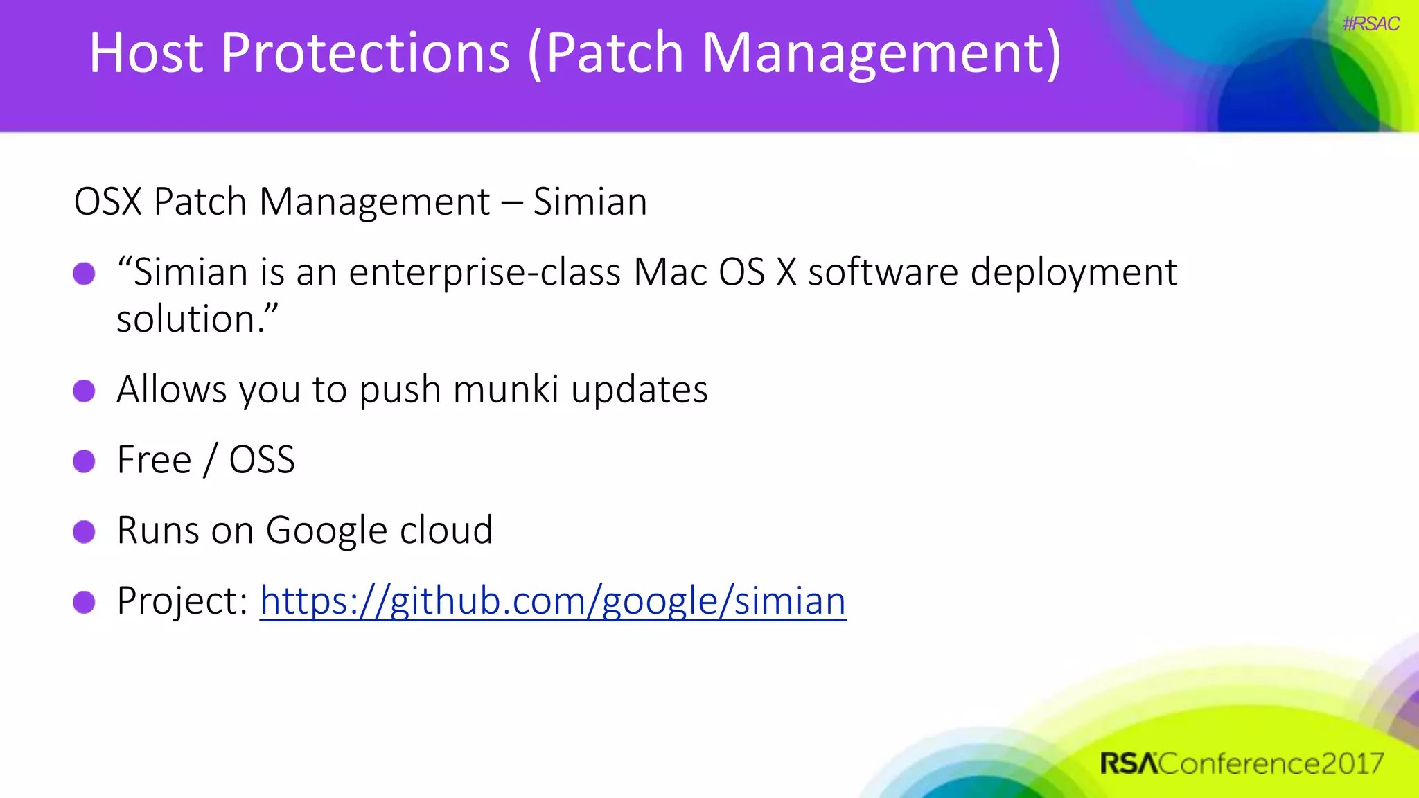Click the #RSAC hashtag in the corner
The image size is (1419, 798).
(x=1370, y=24)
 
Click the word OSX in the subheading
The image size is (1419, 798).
(x=107, y=202)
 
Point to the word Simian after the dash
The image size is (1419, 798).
(x=590, y=202)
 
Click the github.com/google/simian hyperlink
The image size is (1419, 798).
(x=552, y=601)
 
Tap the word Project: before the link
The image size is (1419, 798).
(x=182, y=601)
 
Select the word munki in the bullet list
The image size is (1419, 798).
(x=505, y=389)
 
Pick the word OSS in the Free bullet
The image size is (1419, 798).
(x=262, y=460)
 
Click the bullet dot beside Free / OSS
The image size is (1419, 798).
(x=84, y=461)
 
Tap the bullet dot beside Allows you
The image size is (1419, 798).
(x=84, y=391)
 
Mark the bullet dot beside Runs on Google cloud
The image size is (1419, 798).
(x=84, y=531)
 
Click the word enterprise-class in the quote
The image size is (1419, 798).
(x=484, y=272)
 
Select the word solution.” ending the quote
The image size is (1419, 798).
(x=197, y=319)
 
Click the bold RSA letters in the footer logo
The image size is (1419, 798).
(x=1128, y=763)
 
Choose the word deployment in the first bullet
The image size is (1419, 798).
(x=1073, y=272)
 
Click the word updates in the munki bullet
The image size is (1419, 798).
(x=639, y=389)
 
